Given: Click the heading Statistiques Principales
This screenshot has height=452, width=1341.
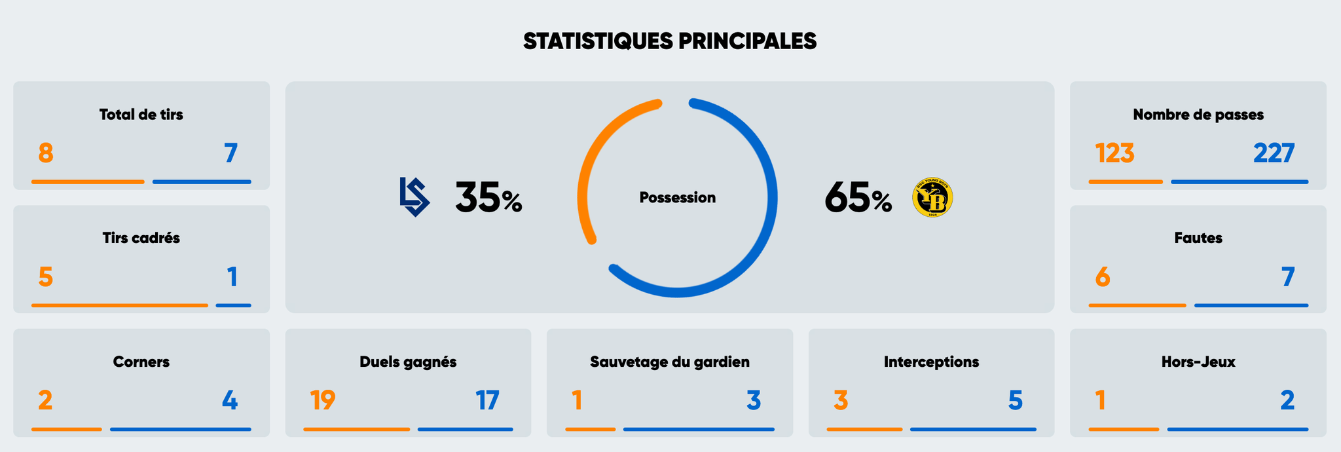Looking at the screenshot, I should (x=670, y=41).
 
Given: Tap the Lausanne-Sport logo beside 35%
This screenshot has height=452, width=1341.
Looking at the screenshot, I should (x=414, y=197).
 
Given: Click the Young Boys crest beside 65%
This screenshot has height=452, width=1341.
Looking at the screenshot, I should (x=932, y=197).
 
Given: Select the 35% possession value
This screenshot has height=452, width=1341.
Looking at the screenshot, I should (x=488, y=198).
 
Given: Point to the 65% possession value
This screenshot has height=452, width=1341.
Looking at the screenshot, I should (x=858, y=198).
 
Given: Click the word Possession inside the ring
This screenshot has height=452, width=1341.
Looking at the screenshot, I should (x=677, y=197).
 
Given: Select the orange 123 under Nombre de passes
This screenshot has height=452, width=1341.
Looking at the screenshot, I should (x=1114, y=153).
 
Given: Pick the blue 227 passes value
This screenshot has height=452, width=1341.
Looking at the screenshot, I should (x=1274, y=153).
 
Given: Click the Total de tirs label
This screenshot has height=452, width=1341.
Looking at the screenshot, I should (x=141, y=115).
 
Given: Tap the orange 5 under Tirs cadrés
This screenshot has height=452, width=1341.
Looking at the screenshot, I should (x=45, y=277).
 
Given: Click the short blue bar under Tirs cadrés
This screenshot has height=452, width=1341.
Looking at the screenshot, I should (x=233, y=305).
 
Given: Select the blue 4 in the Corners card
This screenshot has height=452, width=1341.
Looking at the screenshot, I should (x=230, y=400).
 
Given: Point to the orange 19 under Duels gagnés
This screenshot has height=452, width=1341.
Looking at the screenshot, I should (x=322, y=400).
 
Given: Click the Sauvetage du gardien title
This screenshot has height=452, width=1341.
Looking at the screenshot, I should (x=669, y=362).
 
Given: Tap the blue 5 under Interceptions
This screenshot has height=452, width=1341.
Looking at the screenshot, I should (x=1015, y=400).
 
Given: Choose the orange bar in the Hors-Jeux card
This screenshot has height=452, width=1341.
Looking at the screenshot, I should (x=1124, y=429).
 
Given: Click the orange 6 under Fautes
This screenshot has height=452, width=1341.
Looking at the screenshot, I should (x=1103, y=277).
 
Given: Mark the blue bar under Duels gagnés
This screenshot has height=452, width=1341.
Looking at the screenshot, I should (x=465, y=429).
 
